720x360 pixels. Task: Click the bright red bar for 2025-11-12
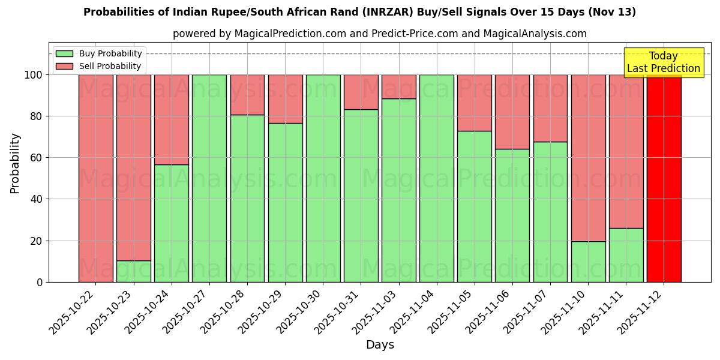tap(664, 178)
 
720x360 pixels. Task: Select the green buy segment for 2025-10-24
tap(172, 223)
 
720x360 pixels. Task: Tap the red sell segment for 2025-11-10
tap(588, 158)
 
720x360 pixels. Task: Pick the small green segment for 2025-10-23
tap(134, 271)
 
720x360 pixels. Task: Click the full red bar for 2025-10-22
tap(96, 178)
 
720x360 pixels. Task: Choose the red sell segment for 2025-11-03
tap(398, 86)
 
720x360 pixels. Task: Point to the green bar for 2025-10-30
tap(323, 178)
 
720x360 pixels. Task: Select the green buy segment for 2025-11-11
tap(626, 255)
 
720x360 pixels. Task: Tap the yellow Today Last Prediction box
tap(664, 62)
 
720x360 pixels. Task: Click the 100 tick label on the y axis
tap(32, 75)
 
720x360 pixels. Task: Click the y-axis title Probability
tap(15, 163)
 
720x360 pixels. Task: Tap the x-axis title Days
tap(380, 345)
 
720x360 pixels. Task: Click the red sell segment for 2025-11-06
tap(512, 112)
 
